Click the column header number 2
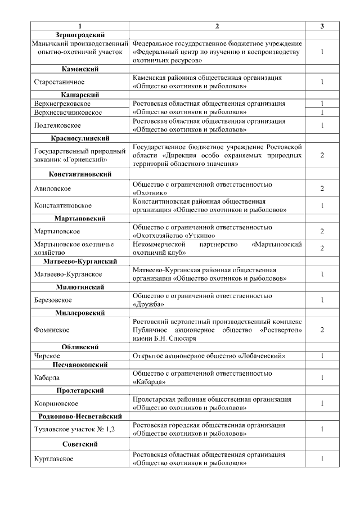[217, 26]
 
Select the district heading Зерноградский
[80, 35]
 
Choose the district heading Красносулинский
[80, 138]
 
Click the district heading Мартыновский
[80, 218]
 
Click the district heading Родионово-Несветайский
[80, 416]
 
